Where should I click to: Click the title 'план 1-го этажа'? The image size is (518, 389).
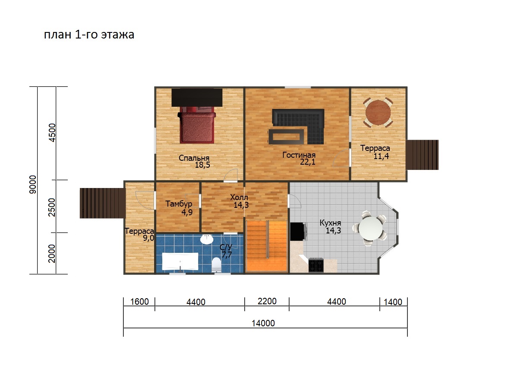(x=89, y=35)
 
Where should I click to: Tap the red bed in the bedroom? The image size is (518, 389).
(x=197, y=125)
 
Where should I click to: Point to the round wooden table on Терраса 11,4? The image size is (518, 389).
(x=378, y=113)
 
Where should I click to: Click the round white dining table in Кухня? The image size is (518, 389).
(x=371, y=228)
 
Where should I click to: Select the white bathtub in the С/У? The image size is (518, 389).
(x=180, y=261)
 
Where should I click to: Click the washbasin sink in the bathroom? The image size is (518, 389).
(x=207, y=239)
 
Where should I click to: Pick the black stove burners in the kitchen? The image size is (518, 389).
(x=316, y=265)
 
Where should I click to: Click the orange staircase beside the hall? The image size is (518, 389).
(x=266, y=246)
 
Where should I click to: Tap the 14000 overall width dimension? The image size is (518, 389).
(x=263, y=323)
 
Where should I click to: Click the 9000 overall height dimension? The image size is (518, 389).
(x=33, y=185)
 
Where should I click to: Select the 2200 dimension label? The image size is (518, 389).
(x=267, y=301)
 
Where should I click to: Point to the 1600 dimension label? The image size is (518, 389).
(x=139, y=302)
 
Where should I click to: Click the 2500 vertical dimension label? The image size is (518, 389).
(x=51, y=207)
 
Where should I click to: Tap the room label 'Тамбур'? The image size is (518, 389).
(x=179, y=204)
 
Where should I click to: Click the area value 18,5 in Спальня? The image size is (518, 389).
(x=202, y=165)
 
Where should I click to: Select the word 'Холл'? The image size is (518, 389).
(x=239, y=197)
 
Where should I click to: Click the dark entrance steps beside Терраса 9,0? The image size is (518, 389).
(x=102, y=203)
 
